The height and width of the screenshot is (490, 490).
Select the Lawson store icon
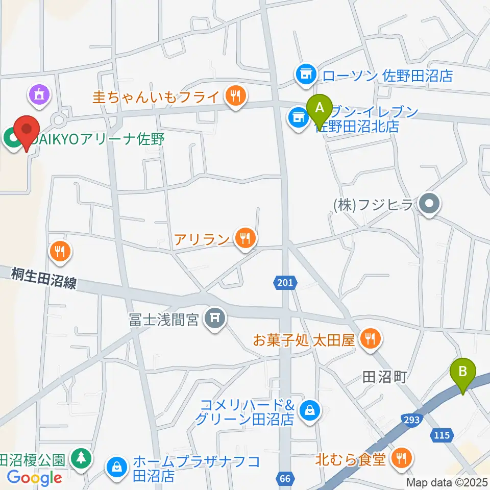click(x=306, y=75)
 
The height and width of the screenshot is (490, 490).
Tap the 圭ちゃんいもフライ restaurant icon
click(x=235, y=95)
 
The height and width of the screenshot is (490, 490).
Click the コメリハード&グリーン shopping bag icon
click(x=309, y=410)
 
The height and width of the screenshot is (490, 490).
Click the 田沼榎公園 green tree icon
click(x=80, y=457)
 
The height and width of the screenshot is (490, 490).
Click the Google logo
click(x=35, y=478)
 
